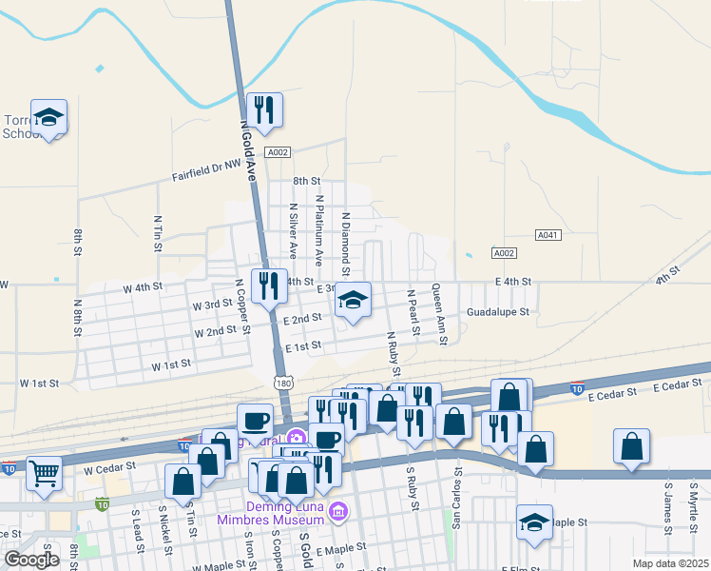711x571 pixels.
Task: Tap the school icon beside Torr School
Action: [48, 117]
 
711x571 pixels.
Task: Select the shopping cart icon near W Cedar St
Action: [44, 473]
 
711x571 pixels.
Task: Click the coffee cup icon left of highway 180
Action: [255, 421]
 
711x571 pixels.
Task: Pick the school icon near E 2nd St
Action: [353, 301]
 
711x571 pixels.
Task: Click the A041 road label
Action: [548, 234]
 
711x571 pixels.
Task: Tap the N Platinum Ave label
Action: [320, 230]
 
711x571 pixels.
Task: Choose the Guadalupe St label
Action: [497, 311]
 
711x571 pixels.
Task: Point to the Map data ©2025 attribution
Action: [670, 563]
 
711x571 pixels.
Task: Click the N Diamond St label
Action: [346, 238]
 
